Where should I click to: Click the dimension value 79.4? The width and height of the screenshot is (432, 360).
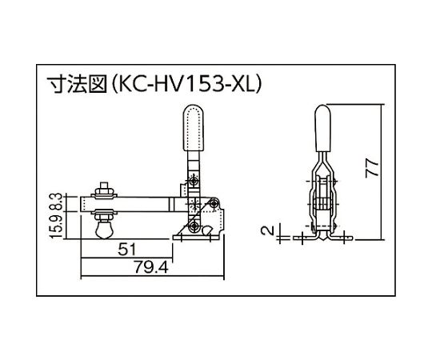pos(151,267)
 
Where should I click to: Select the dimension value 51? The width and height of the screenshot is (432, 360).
pos(127,250)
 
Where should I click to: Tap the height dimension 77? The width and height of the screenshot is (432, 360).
pos(372,168)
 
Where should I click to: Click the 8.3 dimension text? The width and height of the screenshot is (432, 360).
pos(58,202)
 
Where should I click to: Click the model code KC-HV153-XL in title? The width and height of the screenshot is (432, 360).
pos(186,84)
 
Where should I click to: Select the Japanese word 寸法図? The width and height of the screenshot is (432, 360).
pos(77,84)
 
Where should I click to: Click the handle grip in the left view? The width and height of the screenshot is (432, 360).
pos(194,128)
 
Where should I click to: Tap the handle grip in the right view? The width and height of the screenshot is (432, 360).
pos(322,129)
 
